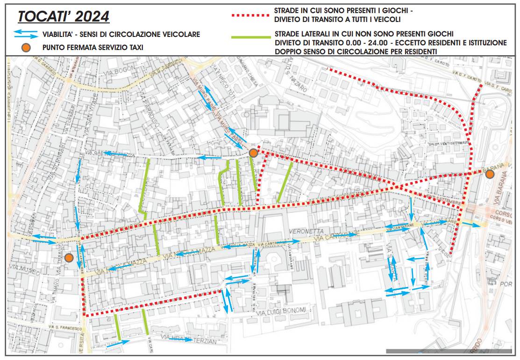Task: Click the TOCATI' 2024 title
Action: pos(63,16)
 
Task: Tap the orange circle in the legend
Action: pos(26,47)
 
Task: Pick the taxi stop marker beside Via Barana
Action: pos(490,174)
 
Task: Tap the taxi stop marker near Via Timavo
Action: pos(69,258)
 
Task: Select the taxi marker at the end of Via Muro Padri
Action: pos(253,153)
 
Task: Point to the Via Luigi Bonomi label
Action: pos(283,310)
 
